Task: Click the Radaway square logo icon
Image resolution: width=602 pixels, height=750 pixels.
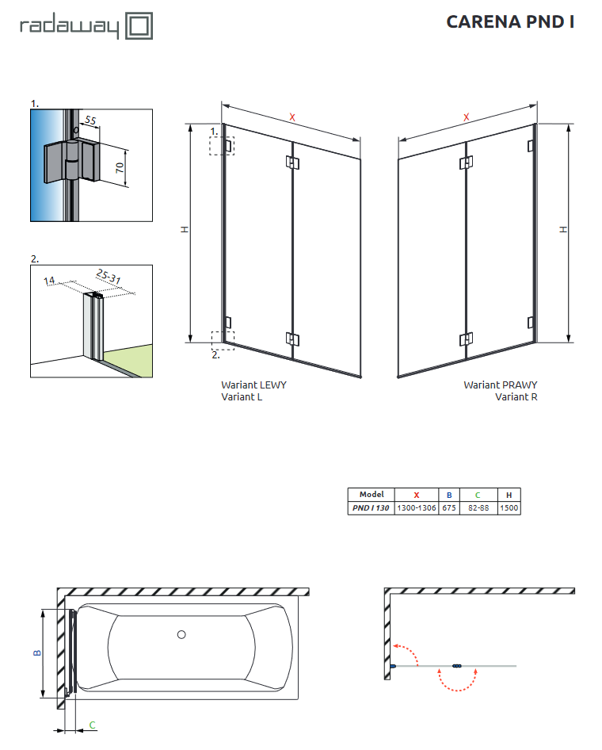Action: point(139,26)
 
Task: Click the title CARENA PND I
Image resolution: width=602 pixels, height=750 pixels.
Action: point(509,21)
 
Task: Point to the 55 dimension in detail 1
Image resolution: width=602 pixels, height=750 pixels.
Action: point(90,121)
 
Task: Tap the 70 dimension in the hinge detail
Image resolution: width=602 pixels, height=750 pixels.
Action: point(120,168)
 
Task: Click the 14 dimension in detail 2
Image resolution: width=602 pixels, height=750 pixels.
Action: point(49,280)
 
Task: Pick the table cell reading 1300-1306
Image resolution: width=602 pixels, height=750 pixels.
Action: point(416,508)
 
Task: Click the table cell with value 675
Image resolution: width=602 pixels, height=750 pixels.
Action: point(448,508)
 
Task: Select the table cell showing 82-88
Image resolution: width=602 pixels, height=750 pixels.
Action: point(478,508)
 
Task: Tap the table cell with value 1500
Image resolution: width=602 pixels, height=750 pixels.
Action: point(509,508)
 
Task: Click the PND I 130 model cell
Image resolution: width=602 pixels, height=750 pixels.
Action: point(371,508)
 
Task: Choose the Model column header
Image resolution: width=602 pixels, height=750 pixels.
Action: point(371,495)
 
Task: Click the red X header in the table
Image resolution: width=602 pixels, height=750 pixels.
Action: point(416,495)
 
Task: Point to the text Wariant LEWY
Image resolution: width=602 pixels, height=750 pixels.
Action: point(253,385)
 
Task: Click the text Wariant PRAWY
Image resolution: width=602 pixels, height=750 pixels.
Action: point(501,385)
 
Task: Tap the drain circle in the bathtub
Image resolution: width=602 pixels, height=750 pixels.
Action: point(182,634)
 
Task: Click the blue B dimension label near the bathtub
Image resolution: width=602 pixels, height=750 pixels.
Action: point(36,652)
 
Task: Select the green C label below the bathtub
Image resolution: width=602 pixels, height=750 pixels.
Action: point(92,725)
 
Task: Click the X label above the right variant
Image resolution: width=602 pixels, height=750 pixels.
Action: point(467,117)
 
